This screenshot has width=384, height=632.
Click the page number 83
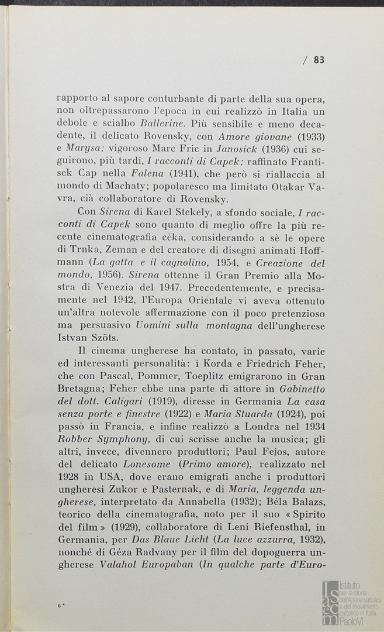[319, 59]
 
